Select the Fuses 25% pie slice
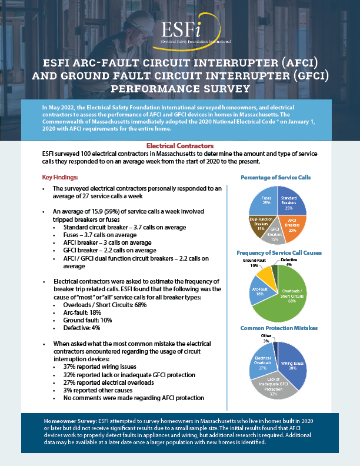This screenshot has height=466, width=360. [x=265, y=201]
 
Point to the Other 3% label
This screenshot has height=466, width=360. [x=266, y=338]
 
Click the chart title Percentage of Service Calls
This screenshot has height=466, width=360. [x=276, y=177]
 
